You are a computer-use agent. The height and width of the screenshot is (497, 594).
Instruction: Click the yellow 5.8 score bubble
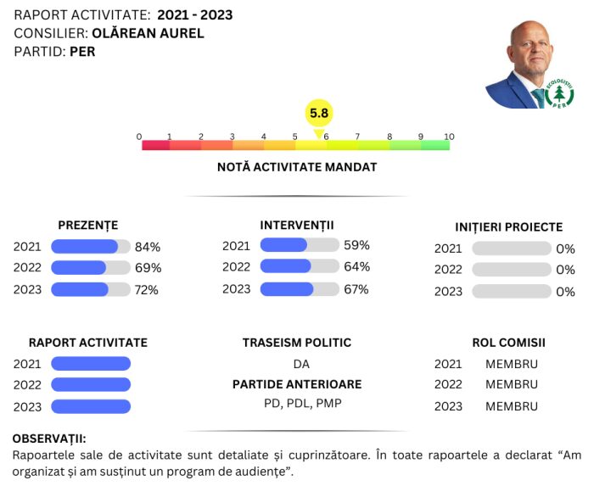point(319,113)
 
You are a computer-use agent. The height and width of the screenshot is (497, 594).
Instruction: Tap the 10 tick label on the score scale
point(449,137)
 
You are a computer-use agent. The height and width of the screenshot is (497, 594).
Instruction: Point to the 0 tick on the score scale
point(139,137)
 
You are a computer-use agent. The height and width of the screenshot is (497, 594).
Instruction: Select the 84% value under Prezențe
point(148,247)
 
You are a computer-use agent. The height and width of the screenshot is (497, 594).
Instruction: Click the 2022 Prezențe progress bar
point(91,268)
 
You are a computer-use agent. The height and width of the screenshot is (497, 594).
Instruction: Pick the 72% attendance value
point(147,290)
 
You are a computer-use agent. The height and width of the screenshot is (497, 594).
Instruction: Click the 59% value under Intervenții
point(356,245)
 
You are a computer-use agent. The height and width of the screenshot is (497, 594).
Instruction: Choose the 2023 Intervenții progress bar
point(300,289)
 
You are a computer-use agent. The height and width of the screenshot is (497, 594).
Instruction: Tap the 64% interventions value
point(357,266)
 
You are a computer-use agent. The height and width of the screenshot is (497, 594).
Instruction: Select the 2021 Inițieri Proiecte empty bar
point(512,248)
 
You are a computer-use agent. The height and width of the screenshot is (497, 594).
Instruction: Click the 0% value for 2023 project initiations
point(566,292)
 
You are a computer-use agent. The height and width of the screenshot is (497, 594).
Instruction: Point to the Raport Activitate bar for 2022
point(91,384)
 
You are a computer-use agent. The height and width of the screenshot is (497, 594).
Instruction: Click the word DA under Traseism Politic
point(301,364)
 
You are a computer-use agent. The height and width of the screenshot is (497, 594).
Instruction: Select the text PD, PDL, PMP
point(303,404)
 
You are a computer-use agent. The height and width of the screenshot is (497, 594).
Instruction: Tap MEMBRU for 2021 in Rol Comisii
point(512,364)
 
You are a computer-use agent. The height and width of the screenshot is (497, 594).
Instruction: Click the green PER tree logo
point(559,93)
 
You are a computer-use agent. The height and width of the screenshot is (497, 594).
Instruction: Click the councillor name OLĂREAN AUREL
point(148,33)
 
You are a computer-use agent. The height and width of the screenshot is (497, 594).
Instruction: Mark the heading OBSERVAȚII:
point(49,438)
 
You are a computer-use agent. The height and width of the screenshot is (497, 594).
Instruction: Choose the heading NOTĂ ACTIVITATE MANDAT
point(297,167)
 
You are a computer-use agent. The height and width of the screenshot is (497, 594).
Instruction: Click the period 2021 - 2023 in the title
point(195,15)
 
